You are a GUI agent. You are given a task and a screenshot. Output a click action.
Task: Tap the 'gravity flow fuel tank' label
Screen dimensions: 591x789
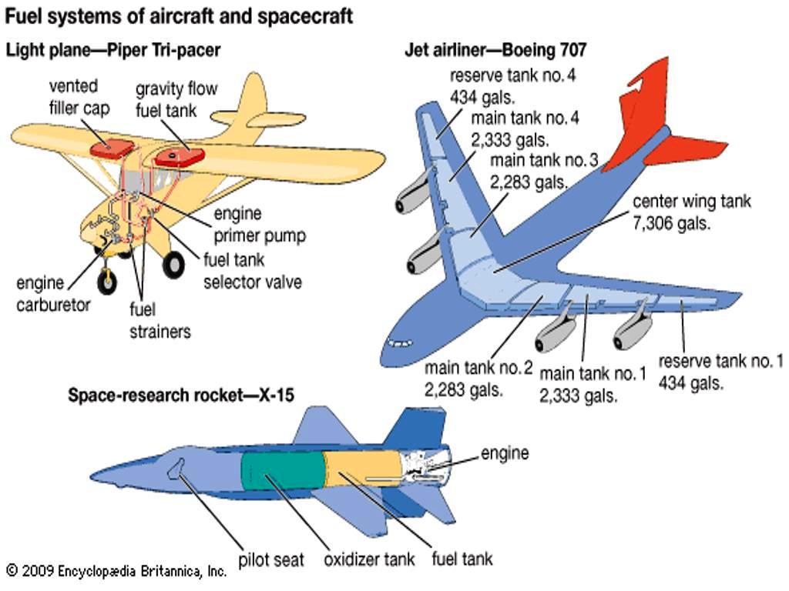176,99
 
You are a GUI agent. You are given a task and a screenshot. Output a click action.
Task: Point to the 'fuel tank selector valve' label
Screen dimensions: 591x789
252,271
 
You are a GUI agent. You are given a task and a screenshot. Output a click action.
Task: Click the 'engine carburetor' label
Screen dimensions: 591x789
53,293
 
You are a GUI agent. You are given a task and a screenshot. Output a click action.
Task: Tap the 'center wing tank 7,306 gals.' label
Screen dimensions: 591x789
691,212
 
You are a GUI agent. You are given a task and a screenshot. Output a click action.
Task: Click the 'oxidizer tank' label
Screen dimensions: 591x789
369,559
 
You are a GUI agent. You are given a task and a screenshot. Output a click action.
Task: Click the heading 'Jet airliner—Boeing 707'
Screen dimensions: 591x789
495,51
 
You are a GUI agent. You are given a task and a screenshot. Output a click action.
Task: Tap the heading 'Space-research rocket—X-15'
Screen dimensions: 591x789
181,396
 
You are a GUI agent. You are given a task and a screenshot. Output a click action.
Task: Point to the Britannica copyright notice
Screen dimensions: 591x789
116,571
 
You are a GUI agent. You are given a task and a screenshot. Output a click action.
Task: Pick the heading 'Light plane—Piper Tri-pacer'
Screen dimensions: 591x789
113,51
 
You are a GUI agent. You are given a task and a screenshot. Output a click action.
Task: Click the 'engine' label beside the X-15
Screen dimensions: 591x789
505,452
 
